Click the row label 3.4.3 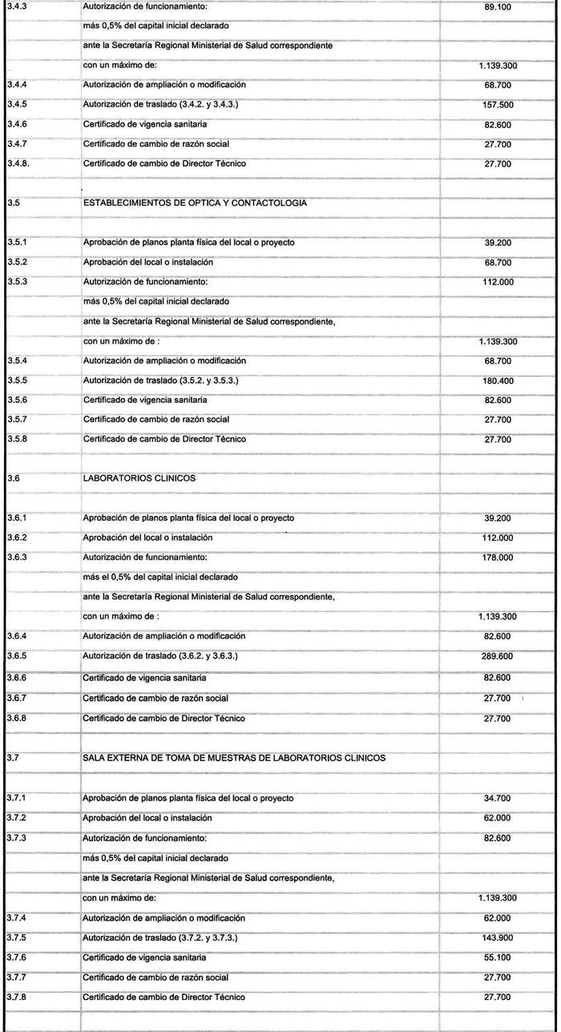(x=17, y=7)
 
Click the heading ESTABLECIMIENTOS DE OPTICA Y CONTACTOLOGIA (x=195, y=204)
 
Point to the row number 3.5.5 (x=17, y=381)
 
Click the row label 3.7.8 (x=17, y=998)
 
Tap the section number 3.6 (x=12, y=479)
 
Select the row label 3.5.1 (x=17, y=243)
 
